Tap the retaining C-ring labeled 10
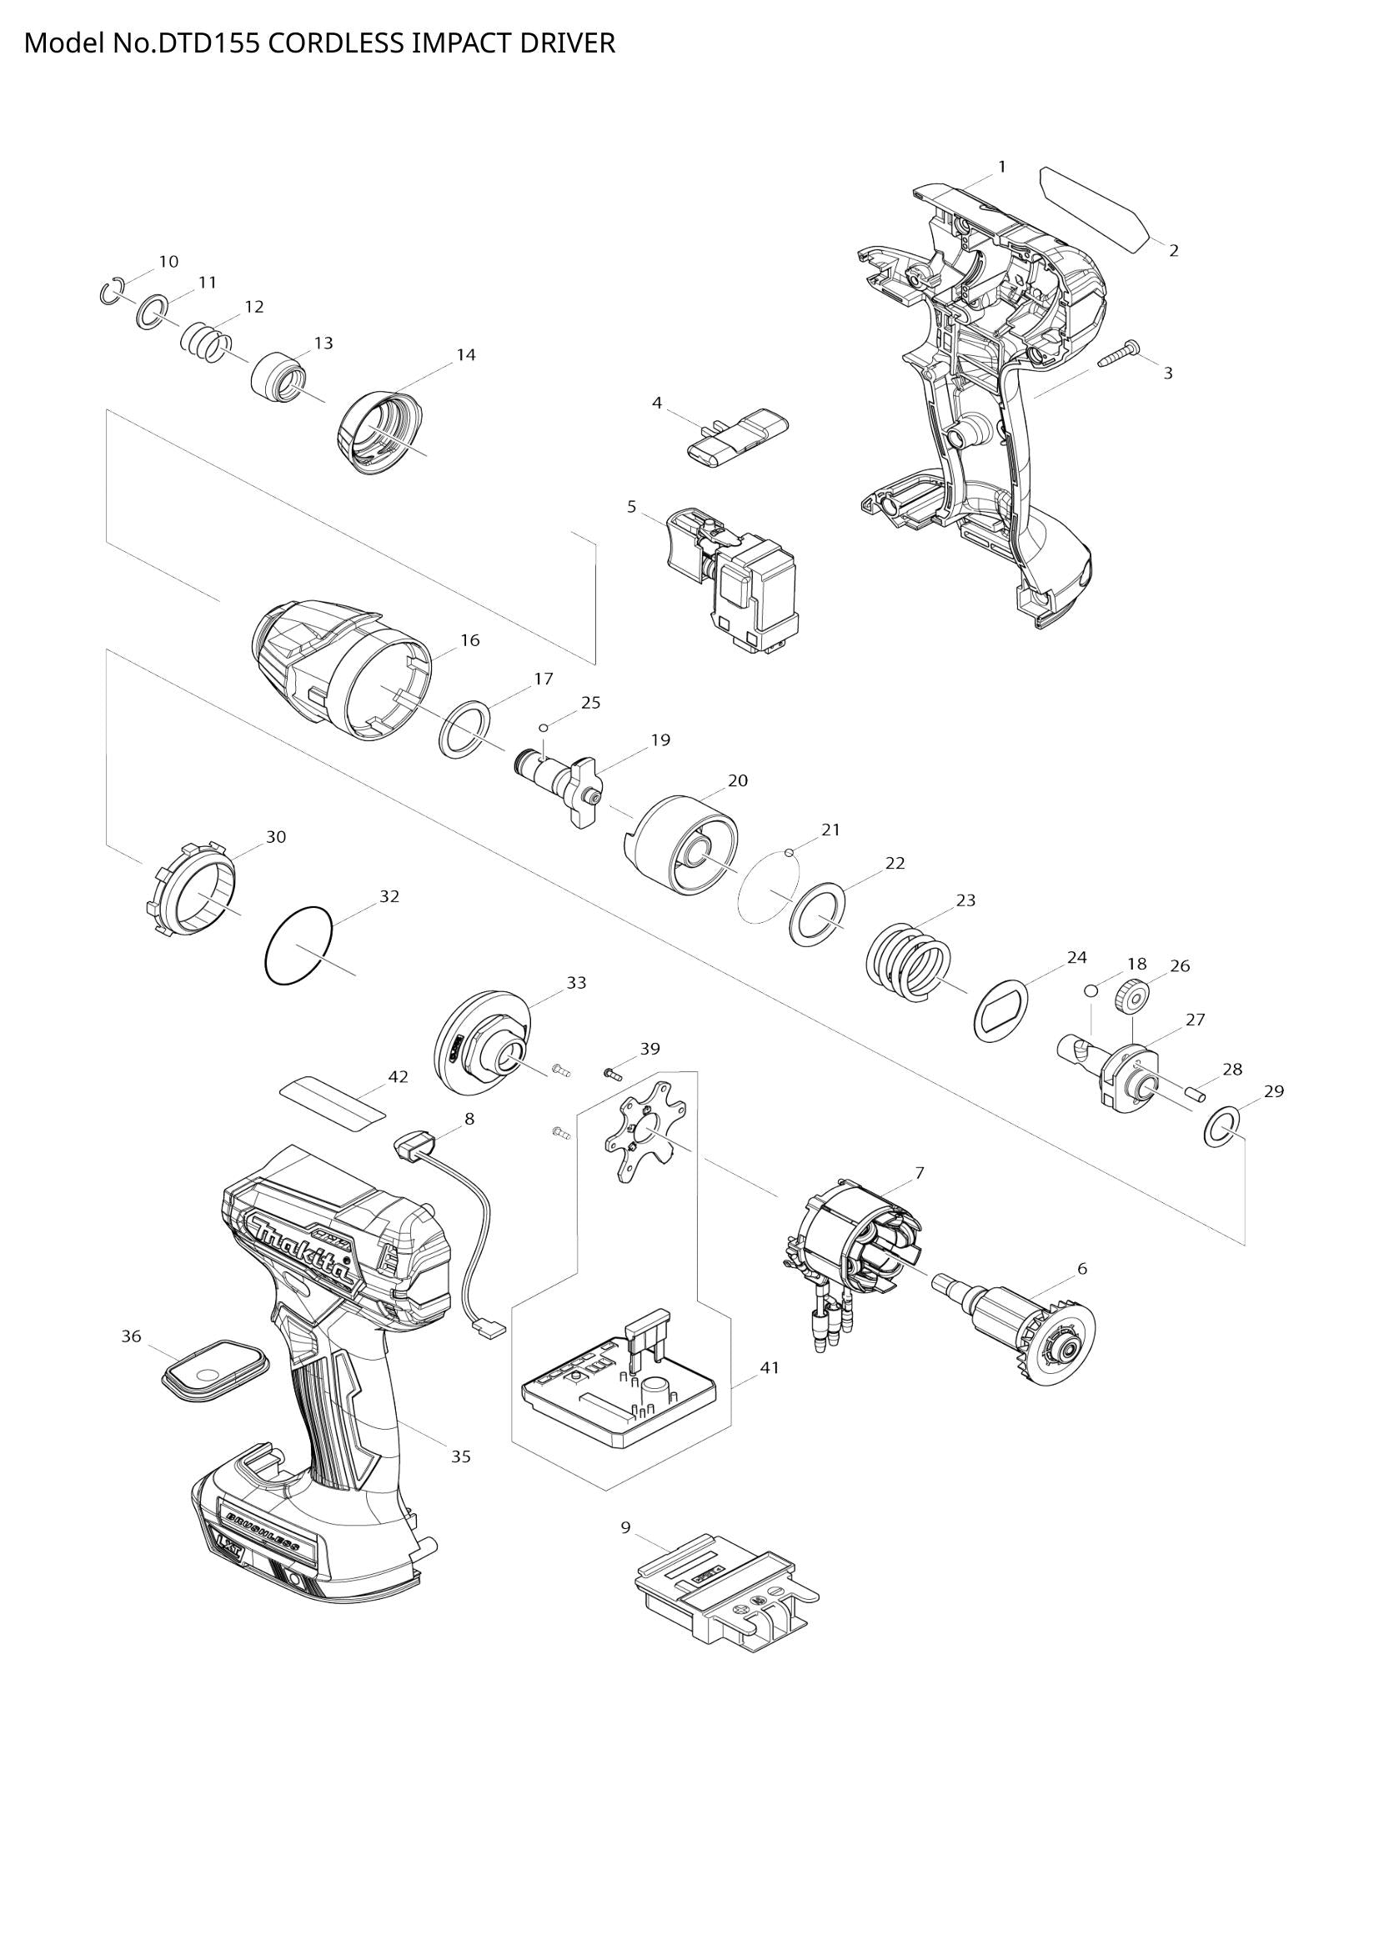(111, 291)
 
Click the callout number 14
(465, 355)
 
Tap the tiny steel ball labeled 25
(544, 728)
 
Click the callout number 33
(577, 983)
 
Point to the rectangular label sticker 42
(333, 1100)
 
